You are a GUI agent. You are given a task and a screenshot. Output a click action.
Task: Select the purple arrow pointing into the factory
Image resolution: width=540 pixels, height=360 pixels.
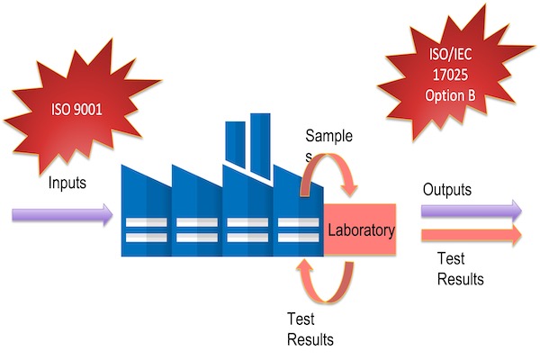tap(62, 215)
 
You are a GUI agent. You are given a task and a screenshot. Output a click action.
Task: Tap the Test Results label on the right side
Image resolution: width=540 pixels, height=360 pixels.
tap(460, 269)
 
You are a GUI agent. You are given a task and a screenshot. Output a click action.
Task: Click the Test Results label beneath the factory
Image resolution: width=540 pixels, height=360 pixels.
tap(310, 328)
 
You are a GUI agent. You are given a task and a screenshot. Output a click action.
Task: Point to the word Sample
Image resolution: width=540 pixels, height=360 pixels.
tap(328, 137)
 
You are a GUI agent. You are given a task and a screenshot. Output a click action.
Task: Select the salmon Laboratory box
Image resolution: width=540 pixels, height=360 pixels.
tap(360, 230)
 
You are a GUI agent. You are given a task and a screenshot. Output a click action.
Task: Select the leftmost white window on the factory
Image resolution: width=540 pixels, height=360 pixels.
tap(145, 229)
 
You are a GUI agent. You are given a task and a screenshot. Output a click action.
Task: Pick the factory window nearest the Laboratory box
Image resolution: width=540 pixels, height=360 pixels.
tap(298, 229)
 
